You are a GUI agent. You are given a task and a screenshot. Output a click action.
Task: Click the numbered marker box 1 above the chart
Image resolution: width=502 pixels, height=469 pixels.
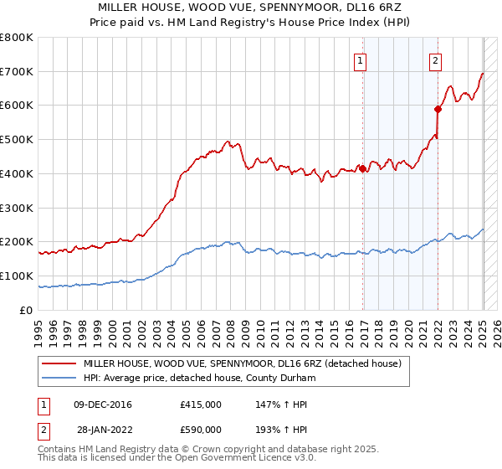pos(360,59)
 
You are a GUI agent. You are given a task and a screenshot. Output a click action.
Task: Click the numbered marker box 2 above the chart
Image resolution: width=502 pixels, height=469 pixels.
pos(436,59)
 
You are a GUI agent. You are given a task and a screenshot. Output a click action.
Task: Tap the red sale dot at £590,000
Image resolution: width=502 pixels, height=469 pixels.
pos(438,108)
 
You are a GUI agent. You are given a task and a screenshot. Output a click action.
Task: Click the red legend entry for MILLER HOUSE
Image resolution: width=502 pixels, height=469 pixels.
pos(242,364)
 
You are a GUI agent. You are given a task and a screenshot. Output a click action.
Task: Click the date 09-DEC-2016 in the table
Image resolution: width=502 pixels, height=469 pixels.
pos(103,405)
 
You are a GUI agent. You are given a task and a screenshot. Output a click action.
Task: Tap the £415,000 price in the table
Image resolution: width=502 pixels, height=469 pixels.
pos(201,405)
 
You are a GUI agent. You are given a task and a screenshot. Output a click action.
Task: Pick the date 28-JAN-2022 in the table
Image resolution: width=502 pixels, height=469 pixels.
pos(103,430)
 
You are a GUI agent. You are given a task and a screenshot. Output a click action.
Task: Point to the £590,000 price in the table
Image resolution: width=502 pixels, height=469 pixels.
pos(201,430)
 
